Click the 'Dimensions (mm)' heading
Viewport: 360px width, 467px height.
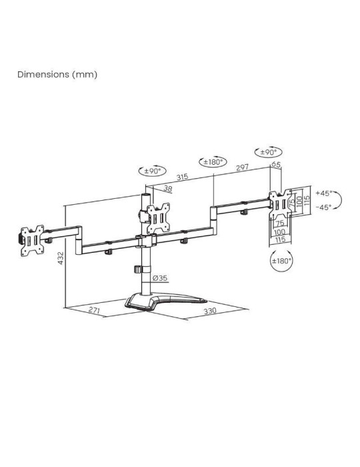coord(57,74)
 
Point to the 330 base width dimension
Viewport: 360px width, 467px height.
coord(211,312)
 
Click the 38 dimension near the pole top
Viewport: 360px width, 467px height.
coord(167,189)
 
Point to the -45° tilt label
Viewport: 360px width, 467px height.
coord(324,207)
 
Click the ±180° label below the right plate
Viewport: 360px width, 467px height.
coord(281,261)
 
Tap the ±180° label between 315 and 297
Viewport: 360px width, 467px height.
coord(213,162)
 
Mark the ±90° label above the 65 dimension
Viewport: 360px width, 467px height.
coord(266,151)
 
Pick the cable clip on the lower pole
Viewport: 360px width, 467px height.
coord(138,270)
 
